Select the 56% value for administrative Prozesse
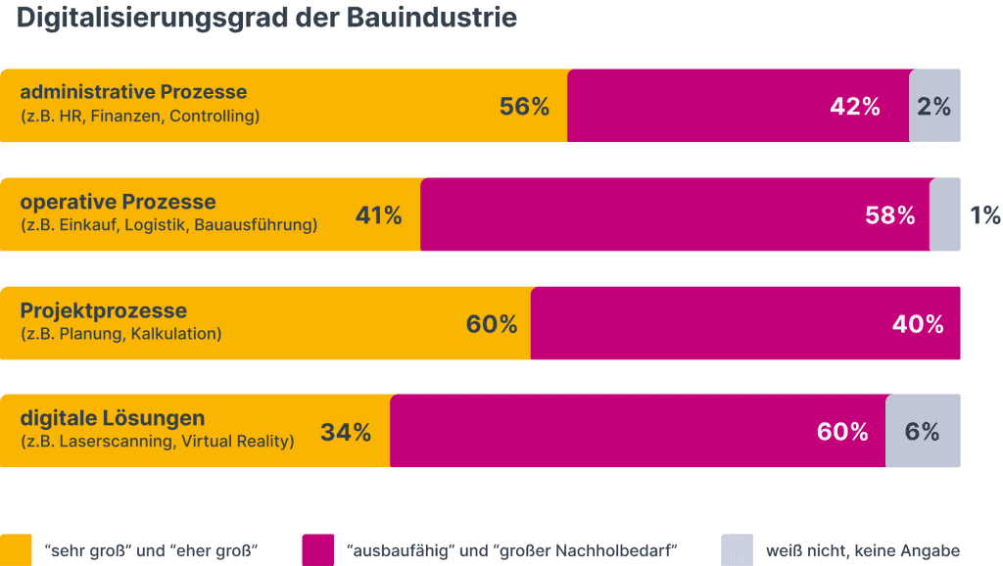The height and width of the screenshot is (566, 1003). [524, 107]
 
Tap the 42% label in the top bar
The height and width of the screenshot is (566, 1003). [854, 107]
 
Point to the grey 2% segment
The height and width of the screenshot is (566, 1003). [934, 107]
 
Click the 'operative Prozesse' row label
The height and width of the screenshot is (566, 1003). [118, 202]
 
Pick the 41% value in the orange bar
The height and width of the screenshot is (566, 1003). [378, 215]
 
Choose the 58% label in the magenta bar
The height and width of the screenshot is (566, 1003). [889, 215]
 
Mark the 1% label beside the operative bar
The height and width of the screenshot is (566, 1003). [984, 215]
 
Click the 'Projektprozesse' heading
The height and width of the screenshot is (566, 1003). [103, 310]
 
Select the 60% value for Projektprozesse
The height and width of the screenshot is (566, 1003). [492, 324]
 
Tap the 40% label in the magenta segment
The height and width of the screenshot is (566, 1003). [917, 324]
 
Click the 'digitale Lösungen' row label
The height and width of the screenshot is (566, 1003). [113, 419]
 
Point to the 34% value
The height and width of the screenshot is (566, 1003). [346, 432]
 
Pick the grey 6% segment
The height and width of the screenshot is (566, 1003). [923, 432]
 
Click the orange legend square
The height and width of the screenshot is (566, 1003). [16, 549]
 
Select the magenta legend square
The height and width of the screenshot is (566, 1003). [318, 549]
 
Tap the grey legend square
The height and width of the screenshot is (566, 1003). [737, 549]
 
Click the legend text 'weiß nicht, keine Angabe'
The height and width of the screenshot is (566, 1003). [862, 551]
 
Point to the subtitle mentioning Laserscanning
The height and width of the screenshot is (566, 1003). [157, 442]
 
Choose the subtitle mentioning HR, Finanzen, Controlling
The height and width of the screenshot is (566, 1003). [139, 117]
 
